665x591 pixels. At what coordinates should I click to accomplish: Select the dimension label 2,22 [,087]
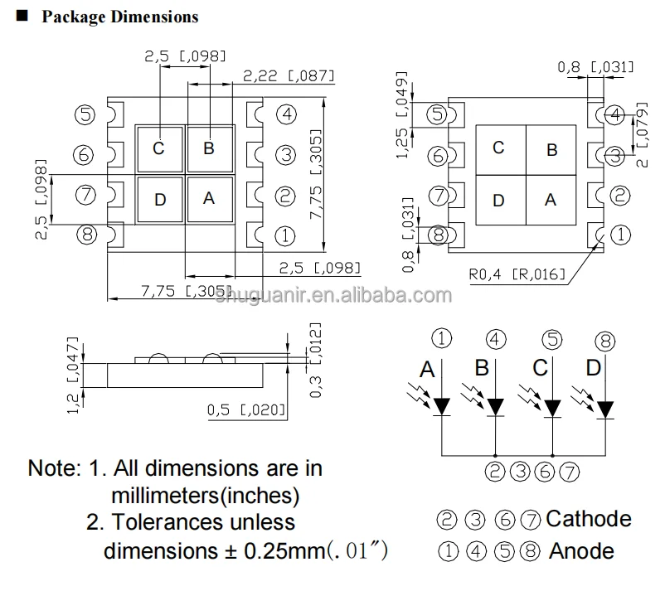(289, 76)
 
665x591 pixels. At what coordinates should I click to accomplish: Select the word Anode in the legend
(582, 550)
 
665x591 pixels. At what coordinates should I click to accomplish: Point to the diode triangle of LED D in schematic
(606, 409)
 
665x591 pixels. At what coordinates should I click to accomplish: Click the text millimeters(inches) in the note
(205, 495)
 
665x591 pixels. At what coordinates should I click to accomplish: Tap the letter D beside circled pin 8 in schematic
(592, 368)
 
